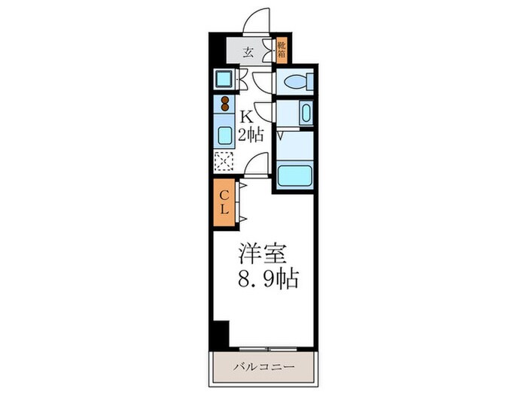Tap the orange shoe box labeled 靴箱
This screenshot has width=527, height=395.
point(282,50)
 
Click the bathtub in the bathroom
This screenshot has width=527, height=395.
point(294,176)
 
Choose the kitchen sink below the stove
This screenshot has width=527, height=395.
point(225,136)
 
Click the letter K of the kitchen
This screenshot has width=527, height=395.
point(245,117)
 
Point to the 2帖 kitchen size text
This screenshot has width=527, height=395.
point(251,135)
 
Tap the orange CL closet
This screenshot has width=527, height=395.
point(224,203)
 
